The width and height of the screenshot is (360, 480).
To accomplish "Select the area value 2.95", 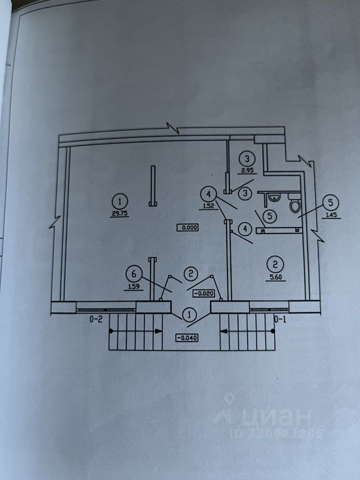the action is pyautogui.click(x=245, y=170).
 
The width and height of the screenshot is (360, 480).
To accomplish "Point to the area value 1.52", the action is pyautogui.click(x=209, y=204).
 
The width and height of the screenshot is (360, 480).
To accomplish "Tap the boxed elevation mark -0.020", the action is pyautogui.click(x=203, y=293).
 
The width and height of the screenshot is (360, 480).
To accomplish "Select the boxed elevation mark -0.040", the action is pyautogui.click(x=187, y=337).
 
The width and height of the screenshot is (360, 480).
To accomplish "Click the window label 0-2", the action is pyautogui.click(x=96, y=318).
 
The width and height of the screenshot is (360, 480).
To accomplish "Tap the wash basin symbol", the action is pyautogui.click(x=272, y=198).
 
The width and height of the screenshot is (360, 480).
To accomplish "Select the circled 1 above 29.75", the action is pyautogui.click(x=120, y=201).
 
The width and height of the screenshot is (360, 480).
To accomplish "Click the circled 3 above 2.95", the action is pyautogui.click(x=245, y=159).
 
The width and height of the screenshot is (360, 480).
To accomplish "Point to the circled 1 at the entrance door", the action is pyautogui.click(x=189, y=315).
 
